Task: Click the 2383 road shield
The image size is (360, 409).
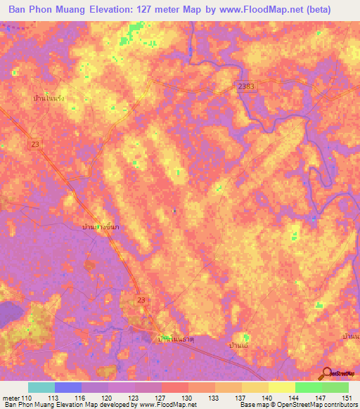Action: coord(244,85)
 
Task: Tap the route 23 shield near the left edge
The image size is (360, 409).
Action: coord(35,143)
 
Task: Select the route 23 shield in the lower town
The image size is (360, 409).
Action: coord(143,300)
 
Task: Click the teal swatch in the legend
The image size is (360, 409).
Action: coord(41,387)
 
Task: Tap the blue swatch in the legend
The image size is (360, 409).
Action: coord(68,387)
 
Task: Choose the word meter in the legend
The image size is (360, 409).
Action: coord(12,398)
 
